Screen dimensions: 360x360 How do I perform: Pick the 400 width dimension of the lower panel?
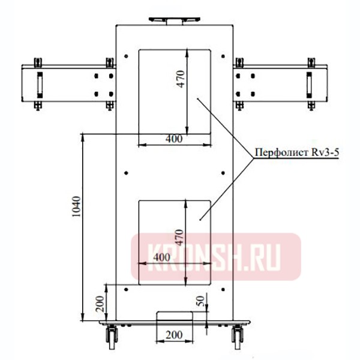point(162,257)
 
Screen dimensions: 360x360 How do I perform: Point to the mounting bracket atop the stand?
point(173,20)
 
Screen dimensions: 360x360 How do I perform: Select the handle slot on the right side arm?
point(310,83)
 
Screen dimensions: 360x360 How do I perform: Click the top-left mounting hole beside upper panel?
point(127,56)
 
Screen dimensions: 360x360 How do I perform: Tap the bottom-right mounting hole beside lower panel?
point(223,289)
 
